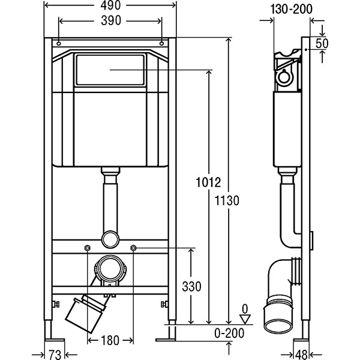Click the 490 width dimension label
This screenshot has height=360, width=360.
point(110,5)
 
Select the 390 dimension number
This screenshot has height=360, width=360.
point(111,20)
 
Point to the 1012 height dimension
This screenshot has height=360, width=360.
point(208,182)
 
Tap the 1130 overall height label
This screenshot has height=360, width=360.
point(227,200)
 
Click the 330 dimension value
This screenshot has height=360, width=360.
point(192,286)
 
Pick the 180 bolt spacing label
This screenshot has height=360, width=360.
point(110,340)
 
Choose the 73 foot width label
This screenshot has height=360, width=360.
point(55,355)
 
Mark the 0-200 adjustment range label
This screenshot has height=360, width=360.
point(229,333)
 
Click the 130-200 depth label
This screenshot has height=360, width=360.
point(291,10)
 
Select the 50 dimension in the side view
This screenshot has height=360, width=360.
point(322,43)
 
